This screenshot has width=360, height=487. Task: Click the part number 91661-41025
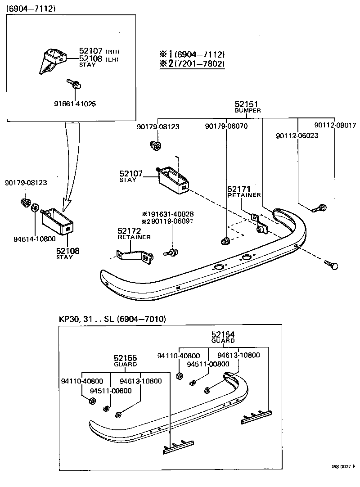[74, 104]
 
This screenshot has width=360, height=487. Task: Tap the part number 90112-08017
[335, 126]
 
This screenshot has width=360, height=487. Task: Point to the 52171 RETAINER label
[243, 192]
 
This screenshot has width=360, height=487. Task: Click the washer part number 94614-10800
[34, 239]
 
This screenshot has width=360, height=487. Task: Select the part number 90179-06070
[226, 126]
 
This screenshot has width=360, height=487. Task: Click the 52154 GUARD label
[223, 337]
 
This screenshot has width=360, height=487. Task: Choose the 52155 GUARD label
[125, 361]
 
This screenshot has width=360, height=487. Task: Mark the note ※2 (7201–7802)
[192, 63]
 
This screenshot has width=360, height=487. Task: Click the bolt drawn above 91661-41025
[73, 83]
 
